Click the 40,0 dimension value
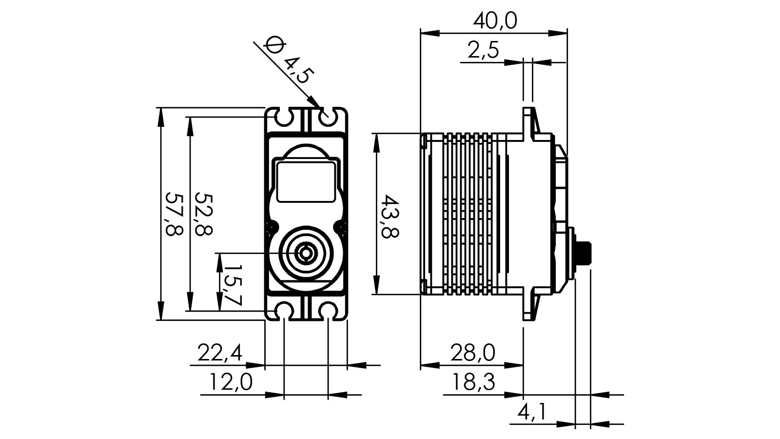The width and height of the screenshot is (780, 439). tap(495, 21)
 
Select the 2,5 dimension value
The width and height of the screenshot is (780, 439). tap(483, 50)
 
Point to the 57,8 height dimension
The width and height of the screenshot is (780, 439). tap(174, 214)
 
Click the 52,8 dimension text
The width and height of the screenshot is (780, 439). tap(203, 214)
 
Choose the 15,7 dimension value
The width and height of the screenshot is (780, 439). tap(232, 285)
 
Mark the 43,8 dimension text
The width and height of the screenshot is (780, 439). tap(390, 216)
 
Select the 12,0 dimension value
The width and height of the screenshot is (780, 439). tap(231, 382)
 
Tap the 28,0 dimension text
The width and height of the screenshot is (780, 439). tap(472, 352)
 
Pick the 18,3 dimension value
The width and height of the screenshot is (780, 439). tap(472, 382)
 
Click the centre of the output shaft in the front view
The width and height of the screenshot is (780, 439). tap(306, 253)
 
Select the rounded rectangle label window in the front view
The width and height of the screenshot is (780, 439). tap(306, 182)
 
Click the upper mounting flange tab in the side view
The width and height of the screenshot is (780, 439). tap(529, 122)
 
